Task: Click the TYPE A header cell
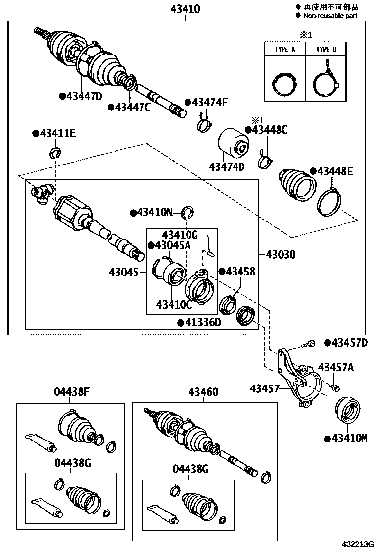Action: [x=285, y=50]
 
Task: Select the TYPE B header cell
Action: [x=326, y=50]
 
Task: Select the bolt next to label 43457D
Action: [x=312, y=342]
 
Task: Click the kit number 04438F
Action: [x=71, y=392]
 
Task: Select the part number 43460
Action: [x=202, y=392]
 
